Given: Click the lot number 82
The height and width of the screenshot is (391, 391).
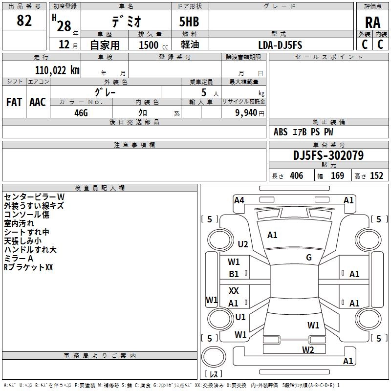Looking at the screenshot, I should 24,21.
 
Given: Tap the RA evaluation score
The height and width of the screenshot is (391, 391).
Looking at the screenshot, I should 372,22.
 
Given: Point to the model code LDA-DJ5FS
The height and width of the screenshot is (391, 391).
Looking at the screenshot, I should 280,44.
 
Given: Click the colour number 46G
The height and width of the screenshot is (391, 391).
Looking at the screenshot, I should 81,112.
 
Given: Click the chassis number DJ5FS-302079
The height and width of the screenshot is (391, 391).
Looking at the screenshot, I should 328,155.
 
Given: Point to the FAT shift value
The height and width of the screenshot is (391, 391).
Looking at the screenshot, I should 14,102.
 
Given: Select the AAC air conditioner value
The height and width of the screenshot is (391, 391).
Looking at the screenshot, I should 38,102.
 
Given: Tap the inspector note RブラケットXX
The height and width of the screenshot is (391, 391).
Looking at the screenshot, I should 28,267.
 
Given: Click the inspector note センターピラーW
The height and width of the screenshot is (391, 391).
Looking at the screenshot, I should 34,196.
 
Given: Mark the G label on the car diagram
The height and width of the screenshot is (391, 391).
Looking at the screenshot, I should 309,258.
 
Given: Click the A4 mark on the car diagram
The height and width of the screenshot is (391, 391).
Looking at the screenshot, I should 239,200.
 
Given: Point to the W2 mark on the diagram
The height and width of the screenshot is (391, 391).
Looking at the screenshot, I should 307,349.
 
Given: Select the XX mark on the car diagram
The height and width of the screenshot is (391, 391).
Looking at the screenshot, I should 234,291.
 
